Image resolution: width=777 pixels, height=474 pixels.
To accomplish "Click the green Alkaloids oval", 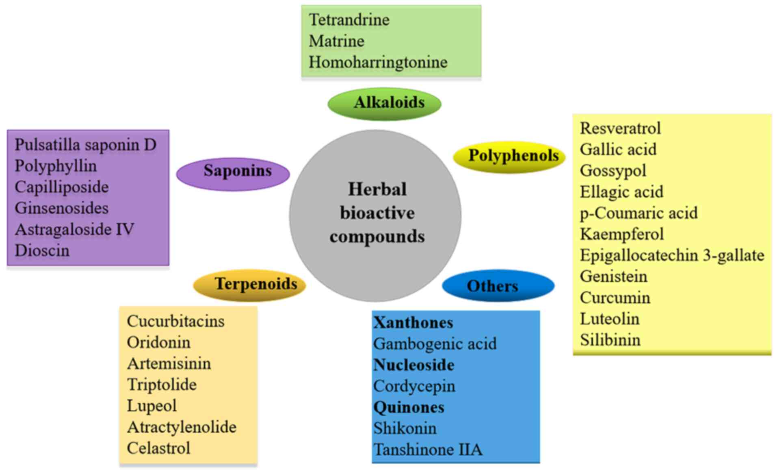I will tap(385, 103).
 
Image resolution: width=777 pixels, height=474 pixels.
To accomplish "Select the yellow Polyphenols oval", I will tap(509, 157).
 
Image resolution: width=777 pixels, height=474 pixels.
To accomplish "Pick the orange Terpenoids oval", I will tap(249, 285).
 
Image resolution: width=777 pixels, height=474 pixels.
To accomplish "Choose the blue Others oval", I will tap(498, 285).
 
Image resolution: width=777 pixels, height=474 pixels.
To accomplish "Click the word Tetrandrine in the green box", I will tap(349, 20).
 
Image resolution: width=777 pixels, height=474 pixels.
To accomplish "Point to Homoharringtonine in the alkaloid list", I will tap(378, 62).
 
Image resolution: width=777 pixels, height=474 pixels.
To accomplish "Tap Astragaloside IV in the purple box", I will tap(74, 229).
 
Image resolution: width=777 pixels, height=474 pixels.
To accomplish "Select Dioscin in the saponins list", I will tap(42, 250).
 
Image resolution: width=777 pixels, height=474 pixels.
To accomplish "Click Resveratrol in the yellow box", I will tap(620, 128).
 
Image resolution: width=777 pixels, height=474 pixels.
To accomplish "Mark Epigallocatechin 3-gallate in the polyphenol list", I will tap(672, 255).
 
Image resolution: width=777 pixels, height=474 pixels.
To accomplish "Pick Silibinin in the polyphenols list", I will tap(610, 340).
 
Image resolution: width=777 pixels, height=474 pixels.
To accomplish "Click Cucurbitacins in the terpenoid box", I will tap(175, 321).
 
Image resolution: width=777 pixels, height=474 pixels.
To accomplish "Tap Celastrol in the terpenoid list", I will tap(158, 448).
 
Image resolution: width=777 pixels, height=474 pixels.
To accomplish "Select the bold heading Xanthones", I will tap(413, 322).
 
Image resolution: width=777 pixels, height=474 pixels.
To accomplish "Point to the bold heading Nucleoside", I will tap(413, 365).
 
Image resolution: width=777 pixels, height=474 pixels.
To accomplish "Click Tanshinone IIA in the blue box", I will tap(428, 450).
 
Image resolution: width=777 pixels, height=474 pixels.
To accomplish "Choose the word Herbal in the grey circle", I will tap(377, 189).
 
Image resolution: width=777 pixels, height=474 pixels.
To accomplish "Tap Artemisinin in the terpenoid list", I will tap(169, 363).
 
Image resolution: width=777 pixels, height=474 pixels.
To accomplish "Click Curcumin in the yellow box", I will tap(615, 298).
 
